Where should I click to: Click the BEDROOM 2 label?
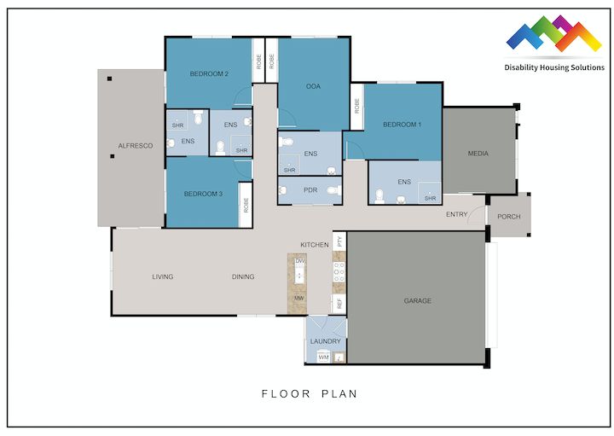pyautogui.click(x=209, y=74)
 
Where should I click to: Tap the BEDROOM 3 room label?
pyautogui.click(x=203, y=195)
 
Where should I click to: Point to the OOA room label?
pyautogui.click(x=313, y=87)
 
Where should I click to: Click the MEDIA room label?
pyautogui.click(x=478, y=154)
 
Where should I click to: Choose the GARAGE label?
pyautogui.click(x=418, y=301)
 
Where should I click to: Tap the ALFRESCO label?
pyautogui.click(x=136, y=147)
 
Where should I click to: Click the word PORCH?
pyautogui.click(x=509, y=217)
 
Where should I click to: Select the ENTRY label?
pyautogui.click(x=456, y=215)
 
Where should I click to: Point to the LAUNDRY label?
pyautogui.click(x=326, y=341)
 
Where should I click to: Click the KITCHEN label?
pyautogui.click(x=314, y=245)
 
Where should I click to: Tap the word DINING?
pyautogui.click(x=243, y=277)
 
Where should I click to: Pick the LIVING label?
pyautogui.click(x=163, y=277)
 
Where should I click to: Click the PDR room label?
pyautogui.click(x=310, y=190)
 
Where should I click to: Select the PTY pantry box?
pyautogui.click(x=339, y=241)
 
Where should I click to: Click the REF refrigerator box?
pyautogui.click(x=339, y=304)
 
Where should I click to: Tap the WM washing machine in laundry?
pyautogui.click(x=323, y=358)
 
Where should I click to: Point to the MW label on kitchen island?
pyautogui.click(x=299, y=299)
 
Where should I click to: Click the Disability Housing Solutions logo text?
pyautogui.click(x=554, y=67)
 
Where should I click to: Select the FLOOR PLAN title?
pyautogui.click(x=309, y=395)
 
